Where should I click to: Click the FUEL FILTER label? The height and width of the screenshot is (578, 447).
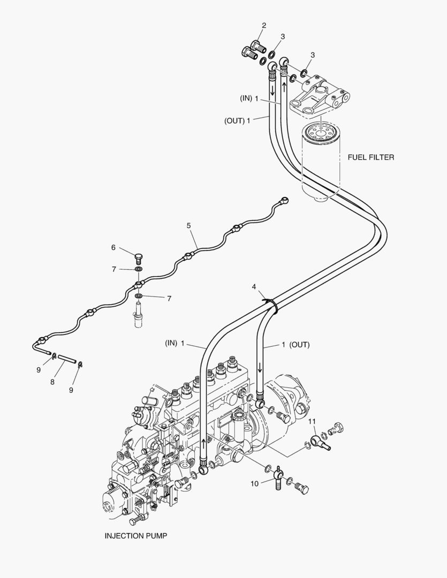(x=370, y=157)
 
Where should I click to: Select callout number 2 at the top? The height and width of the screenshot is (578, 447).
(x=264, y=25)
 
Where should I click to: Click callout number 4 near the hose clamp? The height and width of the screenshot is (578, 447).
(x=255, y=287)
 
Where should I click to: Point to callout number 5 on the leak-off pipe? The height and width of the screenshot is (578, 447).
(x=188, y=226)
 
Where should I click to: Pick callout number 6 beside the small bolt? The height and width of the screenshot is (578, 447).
(x=113, y=247)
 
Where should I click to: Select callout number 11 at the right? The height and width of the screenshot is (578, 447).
(x=312, y=422)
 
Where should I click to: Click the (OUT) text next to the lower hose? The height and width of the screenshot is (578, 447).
(x=299, y=345)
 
